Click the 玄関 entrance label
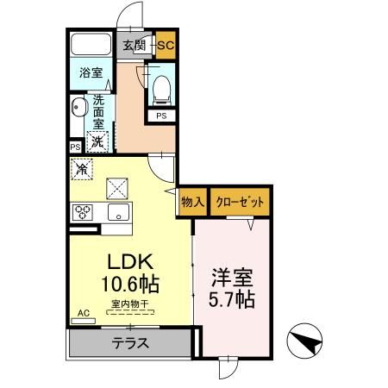(133, 45)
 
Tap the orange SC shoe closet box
(166, 45)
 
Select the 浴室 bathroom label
(92, 73)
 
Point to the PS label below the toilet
(161, 116)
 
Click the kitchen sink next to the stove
(116, 211)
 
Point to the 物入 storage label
(192, 203)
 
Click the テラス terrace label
(130, 342)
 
